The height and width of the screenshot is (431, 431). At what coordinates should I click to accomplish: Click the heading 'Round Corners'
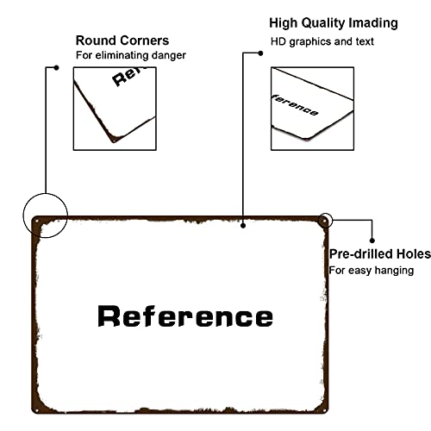pyautogui.click(x=122, y=41)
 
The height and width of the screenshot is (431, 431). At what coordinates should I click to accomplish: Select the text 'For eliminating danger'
pyautogui.click(x=131, y=55)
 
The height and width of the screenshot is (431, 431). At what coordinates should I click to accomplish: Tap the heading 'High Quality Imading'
pyautogui.click(x=334, y=23)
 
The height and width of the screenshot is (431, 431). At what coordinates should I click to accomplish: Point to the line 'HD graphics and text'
pyautogui.click(x=322, y=42)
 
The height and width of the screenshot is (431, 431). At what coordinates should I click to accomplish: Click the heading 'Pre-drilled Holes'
pyautogui.click(x=380, y=254)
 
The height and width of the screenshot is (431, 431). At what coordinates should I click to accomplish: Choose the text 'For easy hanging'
pyautogui.click(x=372, y=271)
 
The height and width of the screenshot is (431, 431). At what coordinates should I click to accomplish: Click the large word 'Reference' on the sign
pyautogui.click(x=185, y=316)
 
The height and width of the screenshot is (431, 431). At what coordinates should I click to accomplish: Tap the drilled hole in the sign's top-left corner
pyautogui.click(x=37, y=222)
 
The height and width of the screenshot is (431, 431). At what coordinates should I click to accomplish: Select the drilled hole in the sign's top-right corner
pyautogui.click(x=324, y=222)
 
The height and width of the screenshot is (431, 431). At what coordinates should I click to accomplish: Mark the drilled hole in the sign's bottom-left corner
pyautogui.click(x=36, y=410)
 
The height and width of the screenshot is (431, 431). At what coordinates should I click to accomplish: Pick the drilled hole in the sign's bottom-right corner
pyautogui.click(x=324, y=410)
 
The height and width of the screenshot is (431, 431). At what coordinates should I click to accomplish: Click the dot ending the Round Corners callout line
pyautogui.click(x=57, y=68)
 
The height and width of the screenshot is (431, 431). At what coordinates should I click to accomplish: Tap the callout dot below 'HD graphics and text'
pyautogui.click(x=260, y=53)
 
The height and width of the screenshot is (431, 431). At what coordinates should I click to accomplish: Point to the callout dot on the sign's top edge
pyautogui.click(x=243, y=226)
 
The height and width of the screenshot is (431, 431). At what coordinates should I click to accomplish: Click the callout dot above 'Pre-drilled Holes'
pyautogui.click(x=372, y=240)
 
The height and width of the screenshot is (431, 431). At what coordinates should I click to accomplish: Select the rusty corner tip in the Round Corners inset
pyautogui.click(x=114, y=141)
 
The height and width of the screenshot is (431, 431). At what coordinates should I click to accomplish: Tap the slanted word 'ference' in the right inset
pyautogui.click(x=295, y=105)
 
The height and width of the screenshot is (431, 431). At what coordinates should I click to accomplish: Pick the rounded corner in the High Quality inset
pyautogui.click(x=307, y=138)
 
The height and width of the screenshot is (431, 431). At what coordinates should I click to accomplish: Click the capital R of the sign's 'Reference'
pyautogui.click(x=109, y=316)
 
